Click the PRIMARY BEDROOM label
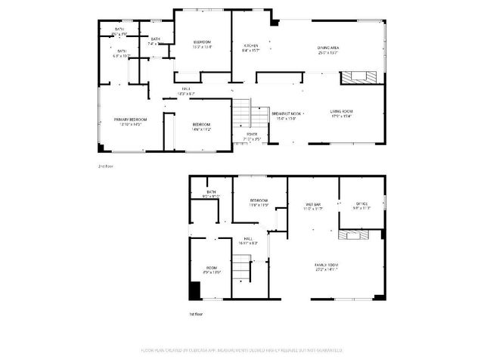pyautogui.click(x=131, y=119)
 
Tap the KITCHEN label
pyautogui.click(x=250, y=48)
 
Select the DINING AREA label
pyautogui.click(x=327, y=48)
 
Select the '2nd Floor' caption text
pyautogui.click(x=105, y=166)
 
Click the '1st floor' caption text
pyautogui.click(x=196, y=312)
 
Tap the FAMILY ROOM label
pyautogui.click(x=327, y=265)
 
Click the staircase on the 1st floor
pyautogui.click(x=240, y=267)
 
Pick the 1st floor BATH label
pyautogui.click(x=211, y=193)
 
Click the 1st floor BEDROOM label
pyautogui.click(x=259, y=200)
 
